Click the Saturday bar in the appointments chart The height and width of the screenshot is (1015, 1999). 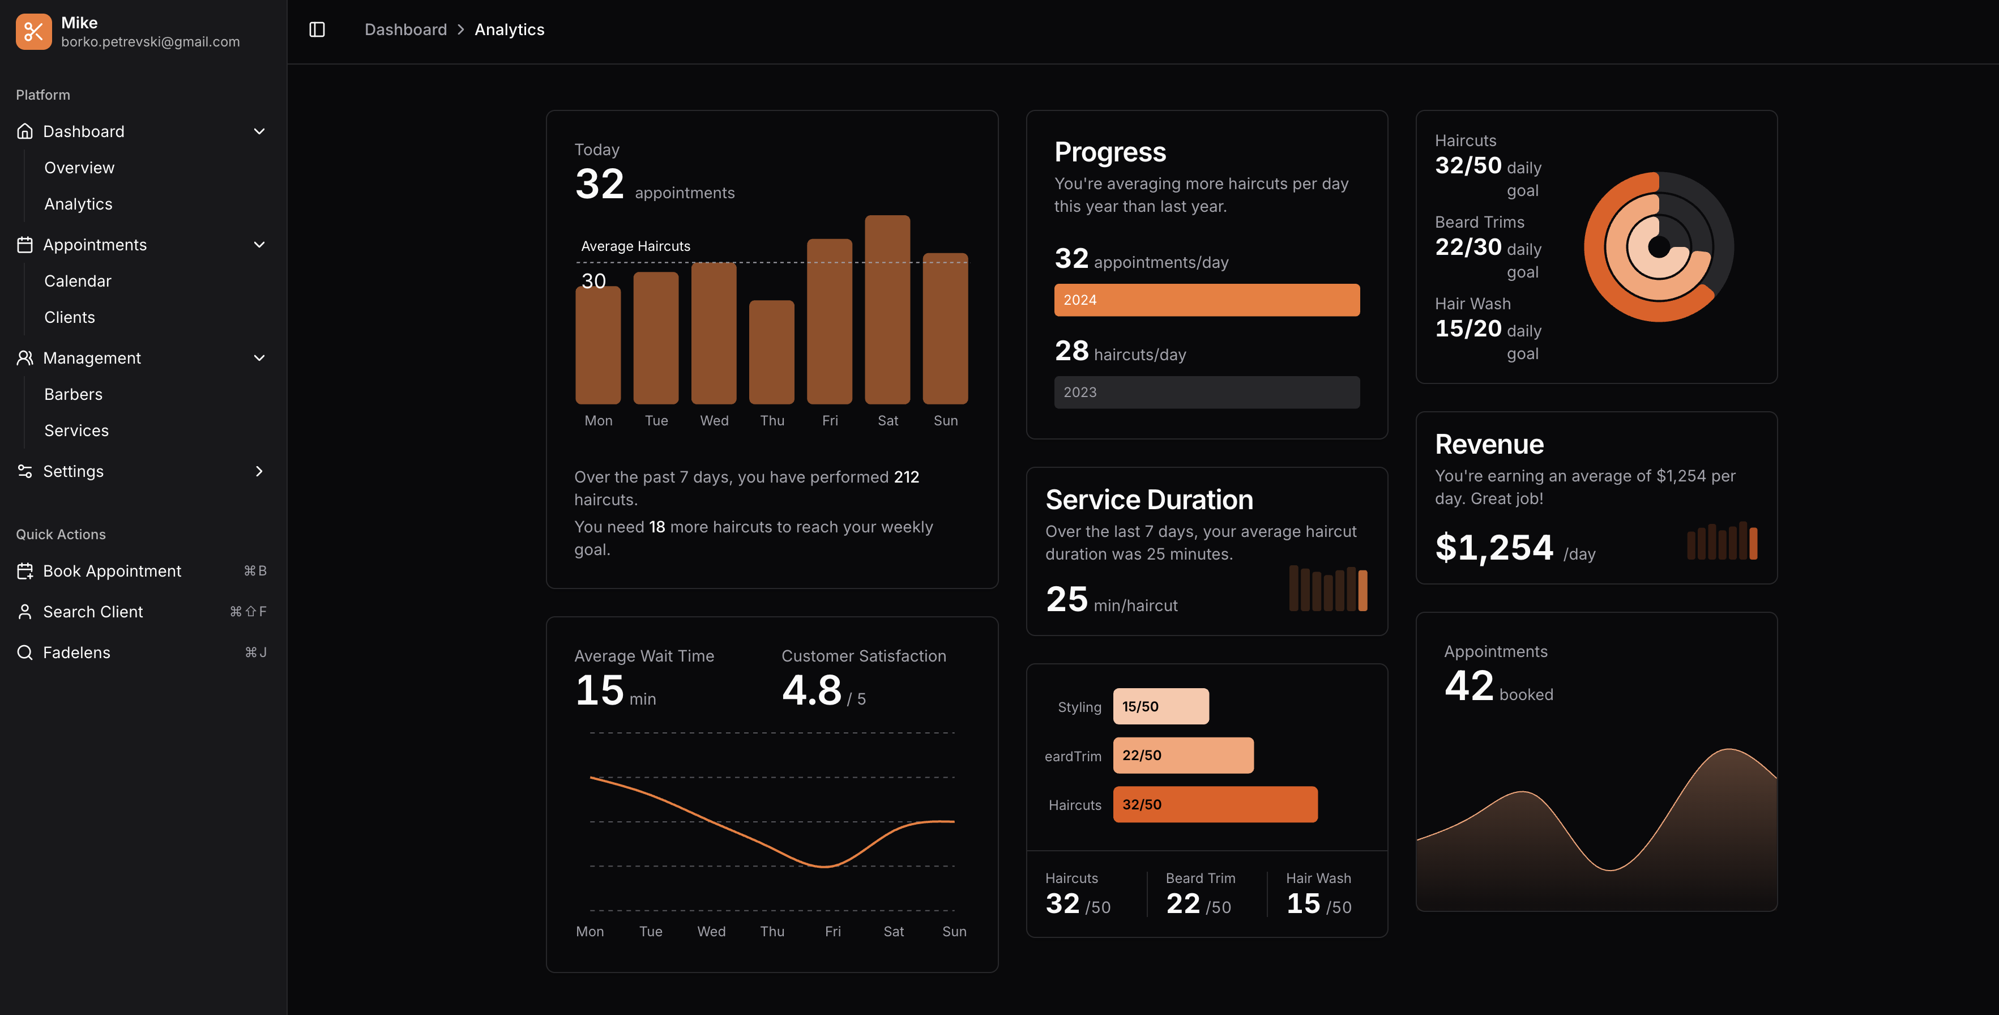pyautogui.click(x=887, y=310)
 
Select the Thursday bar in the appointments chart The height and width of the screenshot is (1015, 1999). pyautogui.click(x=771, y=352)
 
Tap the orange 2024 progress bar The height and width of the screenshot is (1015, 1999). pyautogui.click(x=1206, y=300)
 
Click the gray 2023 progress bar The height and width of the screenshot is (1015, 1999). pyautogui.click(x=1206, y=393)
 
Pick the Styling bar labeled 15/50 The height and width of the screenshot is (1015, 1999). pyautogui.click(x=1160, y=706)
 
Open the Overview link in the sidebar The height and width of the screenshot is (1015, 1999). pyautogui.click(x=79, y=168)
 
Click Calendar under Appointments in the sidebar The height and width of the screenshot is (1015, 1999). pyautogui.click(x=78, y=281)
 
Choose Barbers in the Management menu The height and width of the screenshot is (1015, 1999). pyautogui.click(x=73, y=394)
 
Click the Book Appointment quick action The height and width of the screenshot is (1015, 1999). pyautogui.click(x=112, y=571)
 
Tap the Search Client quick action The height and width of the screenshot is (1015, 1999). pyautogui.click(x=93, y=612)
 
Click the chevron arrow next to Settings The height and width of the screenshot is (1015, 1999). pyautogui.click(x=259, y=471)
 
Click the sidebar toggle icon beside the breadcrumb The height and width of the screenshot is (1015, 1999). pyautogui.click(x=317, y=29)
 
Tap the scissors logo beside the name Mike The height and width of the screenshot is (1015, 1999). pyautogui.click(x=33, y=31)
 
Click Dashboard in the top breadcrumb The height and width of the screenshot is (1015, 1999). pyautogui.click(x=405, y=29)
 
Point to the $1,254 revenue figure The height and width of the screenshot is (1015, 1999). pyautogui.click(x=1494, y=547)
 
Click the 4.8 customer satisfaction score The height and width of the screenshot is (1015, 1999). pyautogui.click(x=811, y=690)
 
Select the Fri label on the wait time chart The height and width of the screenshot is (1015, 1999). pyautogui.click(x=832, y=931)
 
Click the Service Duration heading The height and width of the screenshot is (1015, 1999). pyautogui.click(x=1148, y=500)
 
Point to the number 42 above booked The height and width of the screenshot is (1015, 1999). pyautogui.click(x=1468, y=686)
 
